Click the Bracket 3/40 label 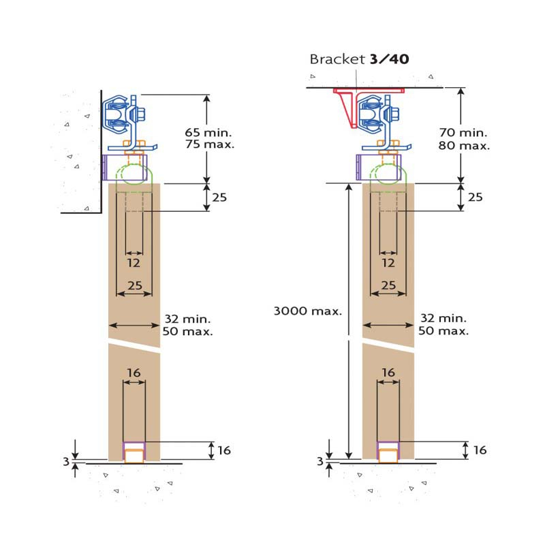pos(359,59)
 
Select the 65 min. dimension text pos(208,132)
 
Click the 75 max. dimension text pos(210,144)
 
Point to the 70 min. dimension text pos(463,132)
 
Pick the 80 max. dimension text pos(464,145)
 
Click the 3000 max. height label pos(308,311)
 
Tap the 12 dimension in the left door pos(134,263)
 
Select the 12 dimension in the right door pos(388,263)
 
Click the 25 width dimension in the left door pos(134,285)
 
